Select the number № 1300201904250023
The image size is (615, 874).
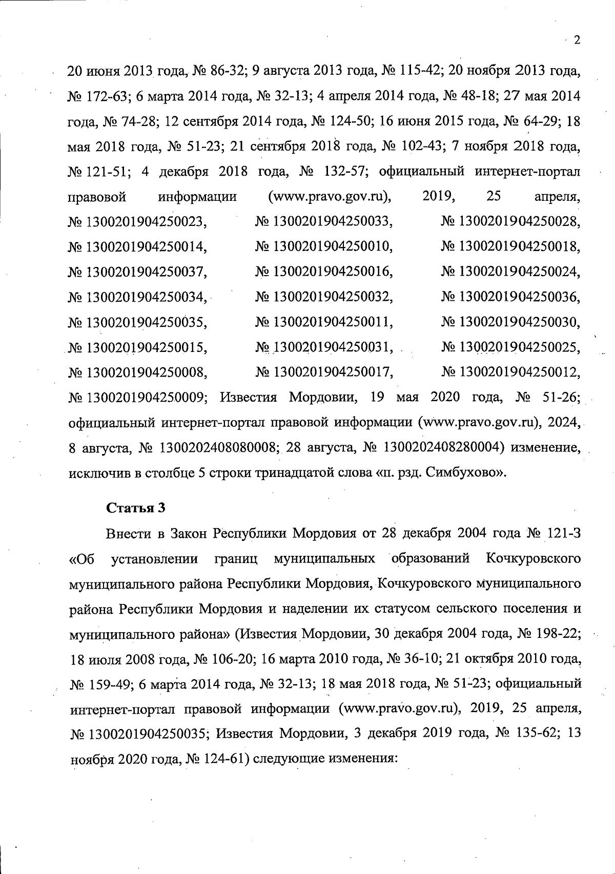[x=137, y=222]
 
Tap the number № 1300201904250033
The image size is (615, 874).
[x=324, y=222]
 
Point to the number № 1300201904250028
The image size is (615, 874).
[x=510, y=222]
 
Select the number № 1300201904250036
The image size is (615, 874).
[x=510, y=297]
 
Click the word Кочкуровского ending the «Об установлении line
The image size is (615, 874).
[x=532, y=558]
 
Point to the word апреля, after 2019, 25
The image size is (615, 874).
[x=557, y=197]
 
